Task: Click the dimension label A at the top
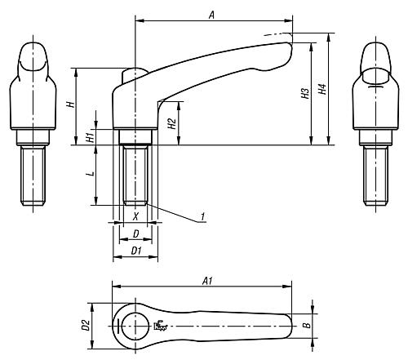tap(211, 15)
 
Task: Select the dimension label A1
tap(207, 281)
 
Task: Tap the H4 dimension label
tap(322, 89)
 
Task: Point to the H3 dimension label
tap(305, 93)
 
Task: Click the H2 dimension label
tap(172, 123)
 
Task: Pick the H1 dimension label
tap(91, 136)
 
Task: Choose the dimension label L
tap(92, 173)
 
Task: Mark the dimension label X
tap(135, 216)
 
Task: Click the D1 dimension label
tap(136, 251)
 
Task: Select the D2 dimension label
tap(86, 326)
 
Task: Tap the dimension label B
tap(307, 325)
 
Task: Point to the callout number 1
tap(202, 216)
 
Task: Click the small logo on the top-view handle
tap(161, 326)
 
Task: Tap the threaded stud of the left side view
tap(33, 176)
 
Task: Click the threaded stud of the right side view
tap(376, 176)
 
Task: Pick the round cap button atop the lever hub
tap(135, 74)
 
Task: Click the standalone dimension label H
tap(71, 104)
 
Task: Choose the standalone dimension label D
tap(136, 233)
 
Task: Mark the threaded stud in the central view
tap(135, 175)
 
